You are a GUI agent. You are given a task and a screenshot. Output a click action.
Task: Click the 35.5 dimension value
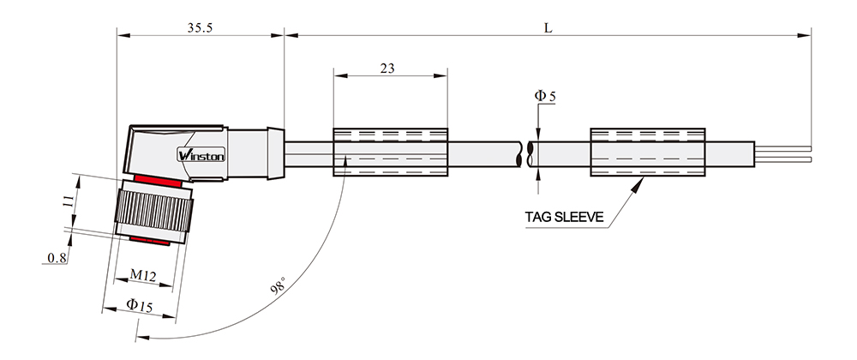click(x=200, y=28)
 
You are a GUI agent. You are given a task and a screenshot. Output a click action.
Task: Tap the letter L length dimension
click(x=548, y=28)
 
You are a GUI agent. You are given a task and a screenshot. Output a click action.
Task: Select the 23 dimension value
click(x=387, y=69)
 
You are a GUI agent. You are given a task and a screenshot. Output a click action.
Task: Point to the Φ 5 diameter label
click(x=545, y=97)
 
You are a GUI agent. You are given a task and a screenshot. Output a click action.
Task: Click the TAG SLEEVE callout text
click(x=565, y=217)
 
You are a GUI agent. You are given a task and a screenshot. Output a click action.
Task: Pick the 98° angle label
click(x=279, y=286)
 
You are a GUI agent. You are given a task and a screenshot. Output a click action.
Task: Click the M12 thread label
click(x=142, y=275)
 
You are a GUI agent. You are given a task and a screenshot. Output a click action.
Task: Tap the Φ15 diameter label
click(x=140, y=305)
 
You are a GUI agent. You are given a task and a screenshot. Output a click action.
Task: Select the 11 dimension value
click(x=68, y=201)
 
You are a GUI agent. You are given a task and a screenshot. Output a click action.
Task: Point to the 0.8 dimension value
click(x=57, y=258)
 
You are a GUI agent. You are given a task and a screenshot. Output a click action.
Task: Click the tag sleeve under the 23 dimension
click(x=390, y=152)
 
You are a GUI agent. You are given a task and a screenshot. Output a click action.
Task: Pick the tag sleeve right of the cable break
click(x=648, y=152)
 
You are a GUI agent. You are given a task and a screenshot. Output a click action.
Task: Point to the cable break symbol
click(x=526, y=153)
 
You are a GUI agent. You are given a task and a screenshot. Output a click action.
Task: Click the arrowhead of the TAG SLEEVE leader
click(x=638, y=184)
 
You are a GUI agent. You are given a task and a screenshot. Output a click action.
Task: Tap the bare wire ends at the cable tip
click(x=782, y=153)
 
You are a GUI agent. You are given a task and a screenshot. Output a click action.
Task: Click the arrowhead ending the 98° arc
click(x=142, y=338)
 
